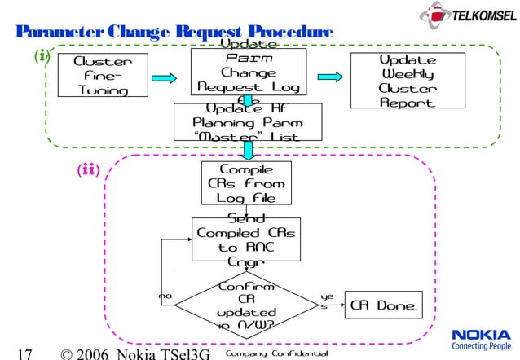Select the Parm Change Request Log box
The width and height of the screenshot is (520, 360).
tap(248, 73)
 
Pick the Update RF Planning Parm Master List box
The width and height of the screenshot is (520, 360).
tap(248, 122)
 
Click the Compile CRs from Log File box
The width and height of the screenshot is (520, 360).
tap(246, 183)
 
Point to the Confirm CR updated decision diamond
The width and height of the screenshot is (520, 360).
tap(246, 308)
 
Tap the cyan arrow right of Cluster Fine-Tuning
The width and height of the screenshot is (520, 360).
tap(164, 78)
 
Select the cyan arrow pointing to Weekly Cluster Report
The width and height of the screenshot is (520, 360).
tap(327, 78)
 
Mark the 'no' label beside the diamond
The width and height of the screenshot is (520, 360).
tap(165, 297)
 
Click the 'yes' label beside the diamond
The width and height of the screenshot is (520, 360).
tap(328, 302)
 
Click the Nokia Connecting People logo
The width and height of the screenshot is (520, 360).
tap(480, 339)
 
